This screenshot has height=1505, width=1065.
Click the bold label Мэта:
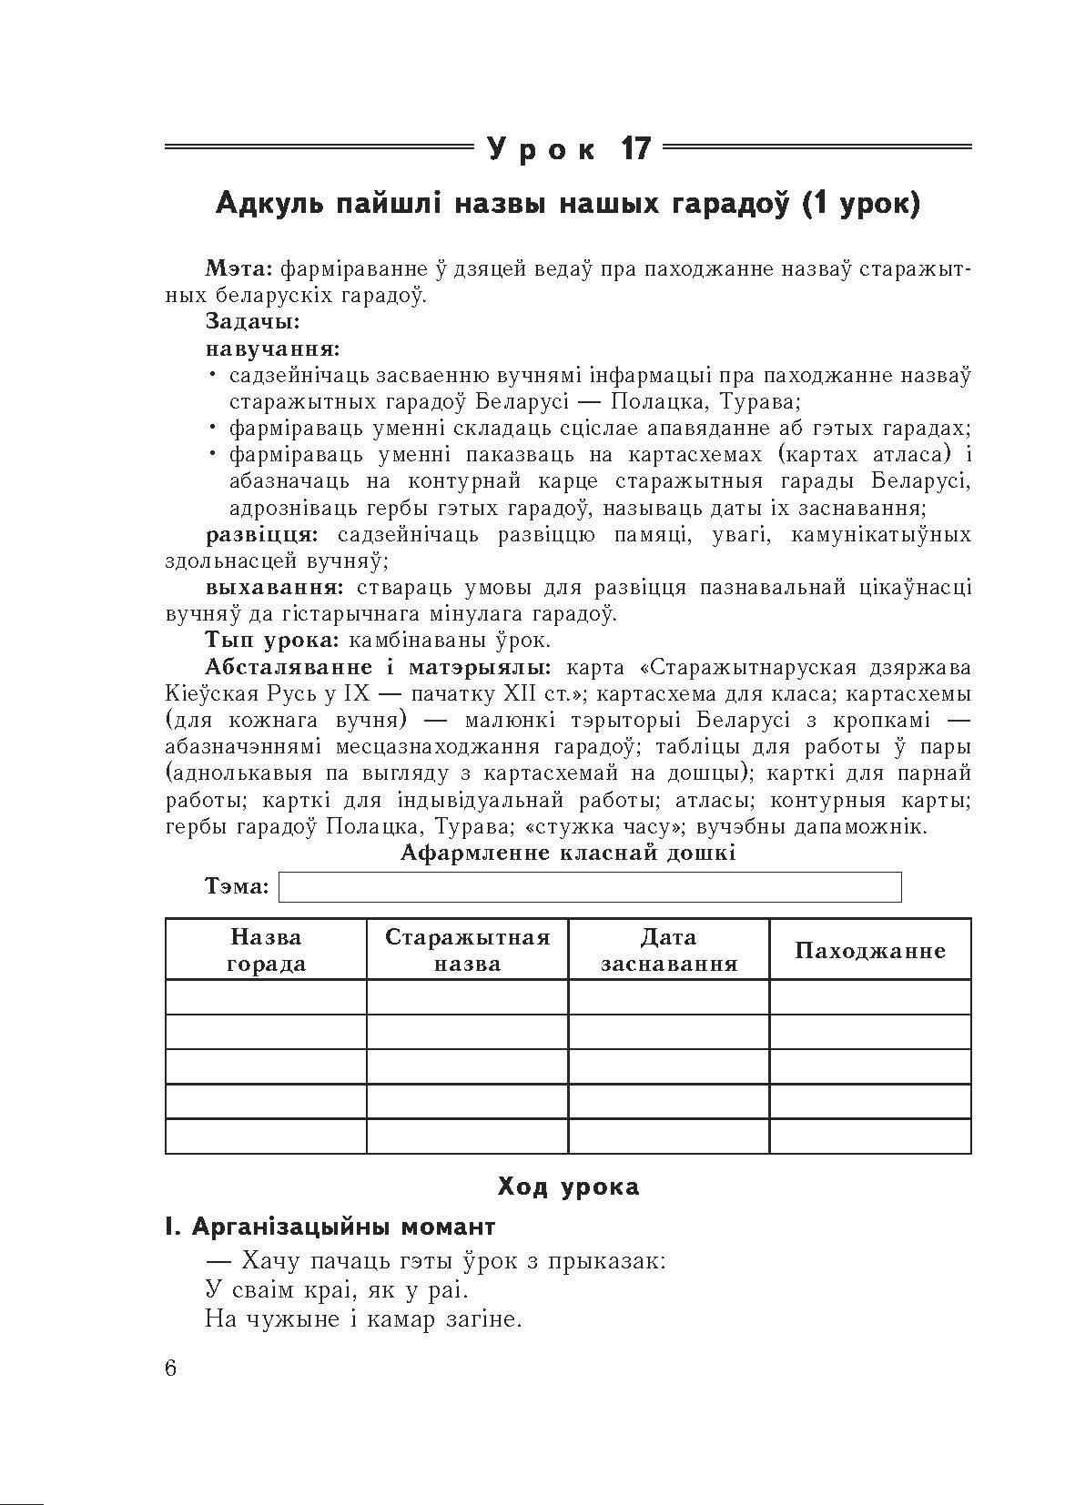coord(239,269)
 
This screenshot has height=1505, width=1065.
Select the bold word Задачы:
coord(252,322)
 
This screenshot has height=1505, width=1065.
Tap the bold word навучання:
coord(273,348)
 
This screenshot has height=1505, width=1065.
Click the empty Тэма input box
coord(589,886)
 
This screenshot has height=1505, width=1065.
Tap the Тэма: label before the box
coord(238,886)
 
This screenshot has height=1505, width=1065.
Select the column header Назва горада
coord(266,950)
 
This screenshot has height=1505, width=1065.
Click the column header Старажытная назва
coord(467,950)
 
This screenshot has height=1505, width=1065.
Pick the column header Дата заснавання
coord(668,950)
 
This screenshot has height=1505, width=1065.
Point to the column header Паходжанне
coord(870,951)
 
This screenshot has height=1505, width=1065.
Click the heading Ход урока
coord(568,1187)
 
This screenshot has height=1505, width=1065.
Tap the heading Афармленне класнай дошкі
coord(568,853)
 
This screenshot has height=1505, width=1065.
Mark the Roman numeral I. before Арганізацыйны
coord(173,1227)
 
